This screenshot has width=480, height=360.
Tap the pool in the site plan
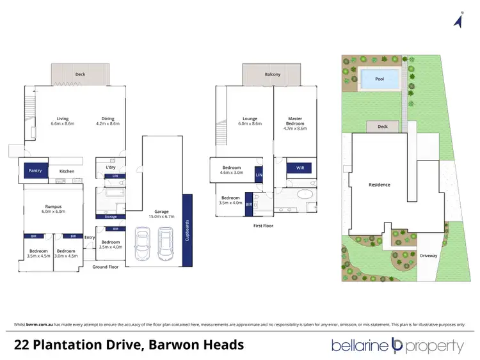[x=379, y=80]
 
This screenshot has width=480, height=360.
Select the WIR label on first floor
[x=300, y=168]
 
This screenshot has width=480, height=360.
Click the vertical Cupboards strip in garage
[x=187, y=230]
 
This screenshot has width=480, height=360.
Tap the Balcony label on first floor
[x=273, y=74]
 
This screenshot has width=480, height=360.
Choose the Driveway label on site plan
[x=428, y=256]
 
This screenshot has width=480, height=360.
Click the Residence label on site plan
[x=379, y=185]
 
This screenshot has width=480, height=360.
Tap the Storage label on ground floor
[x=110, y=217]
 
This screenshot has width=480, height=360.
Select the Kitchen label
[x=67, y=171]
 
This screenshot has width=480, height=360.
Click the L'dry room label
[x=109, y=167]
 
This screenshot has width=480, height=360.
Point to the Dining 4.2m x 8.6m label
[x=108, y=121]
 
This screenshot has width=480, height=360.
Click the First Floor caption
[x=263, y=225]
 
